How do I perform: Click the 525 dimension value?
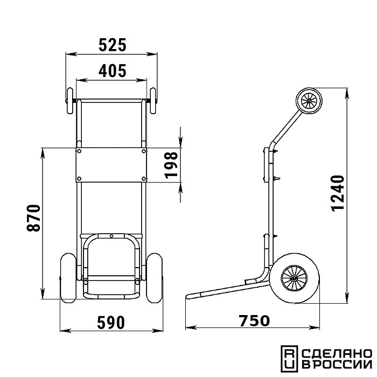112,45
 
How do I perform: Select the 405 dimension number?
112,71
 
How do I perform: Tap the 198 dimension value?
172,165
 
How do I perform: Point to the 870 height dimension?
33,218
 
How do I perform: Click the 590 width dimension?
111,323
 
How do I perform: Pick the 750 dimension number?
254,321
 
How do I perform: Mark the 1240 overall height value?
338,193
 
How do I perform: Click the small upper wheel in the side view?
309,101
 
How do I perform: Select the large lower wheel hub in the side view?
295,278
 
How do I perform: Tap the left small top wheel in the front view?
69,101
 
